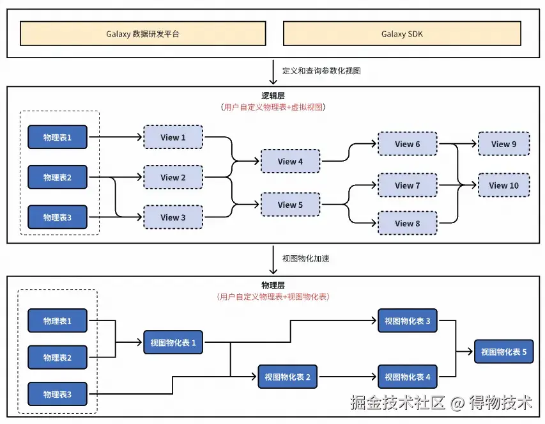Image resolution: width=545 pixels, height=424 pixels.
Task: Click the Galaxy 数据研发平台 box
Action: [x=142, y=34]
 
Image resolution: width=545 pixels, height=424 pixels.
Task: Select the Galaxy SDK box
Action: [x=402, y=34]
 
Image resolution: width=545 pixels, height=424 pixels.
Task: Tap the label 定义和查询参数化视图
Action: [x=321, y=71]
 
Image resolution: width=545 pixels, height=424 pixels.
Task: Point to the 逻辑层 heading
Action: [x=273, y=96]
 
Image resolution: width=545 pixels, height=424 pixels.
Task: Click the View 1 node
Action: [x=173, y=137]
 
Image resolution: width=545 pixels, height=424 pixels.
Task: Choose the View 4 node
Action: [x=290, y=162]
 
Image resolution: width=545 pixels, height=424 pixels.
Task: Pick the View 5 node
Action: [x=290, y=205]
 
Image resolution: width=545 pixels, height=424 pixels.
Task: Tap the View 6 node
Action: [x=408, y=145]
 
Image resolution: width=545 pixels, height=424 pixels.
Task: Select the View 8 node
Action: [x=408, y=224]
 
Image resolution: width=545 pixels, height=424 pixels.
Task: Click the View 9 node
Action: [x=503, y=145]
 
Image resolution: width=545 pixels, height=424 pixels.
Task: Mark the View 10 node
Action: [x=503, y=185]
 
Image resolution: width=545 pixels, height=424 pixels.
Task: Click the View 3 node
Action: [x=173, y=217]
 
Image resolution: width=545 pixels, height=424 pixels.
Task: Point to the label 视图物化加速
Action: [x=305, y=259]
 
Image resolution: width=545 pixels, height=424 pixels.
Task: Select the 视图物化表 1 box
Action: [x=173, y=343]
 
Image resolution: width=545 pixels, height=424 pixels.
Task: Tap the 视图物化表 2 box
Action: [x=288, y=377]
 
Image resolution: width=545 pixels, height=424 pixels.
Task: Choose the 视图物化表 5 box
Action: [x=503, y=352]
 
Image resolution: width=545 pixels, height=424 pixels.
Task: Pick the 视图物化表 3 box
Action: [x=408, y=321]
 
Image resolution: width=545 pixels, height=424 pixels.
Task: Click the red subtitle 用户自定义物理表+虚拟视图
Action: [x=273, y=107]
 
